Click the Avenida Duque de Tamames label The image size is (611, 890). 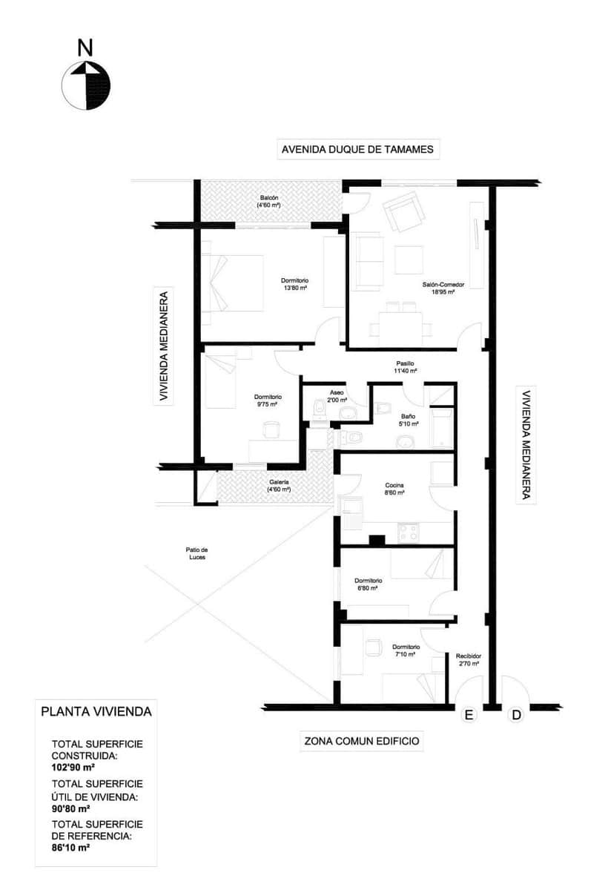tap(357, 150)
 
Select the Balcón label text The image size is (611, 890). tap(268, 201)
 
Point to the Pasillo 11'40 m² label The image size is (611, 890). tap(405, 367)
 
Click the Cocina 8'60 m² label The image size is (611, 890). tap(394, 489)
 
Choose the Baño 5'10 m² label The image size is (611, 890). tap(408, 421)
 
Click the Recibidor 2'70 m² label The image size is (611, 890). tap(468, 660)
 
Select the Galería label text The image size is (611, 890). tap(278, 485)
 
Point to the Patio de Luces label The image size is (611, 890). tap(196, 553)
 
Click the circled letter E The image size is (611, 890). tap(468, 715)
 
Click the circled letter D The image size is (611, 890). tap(516, 715)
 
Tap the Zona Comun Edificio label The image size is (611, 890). tap(362, 740)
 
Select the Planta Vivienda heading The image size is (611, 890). tap(96, 711)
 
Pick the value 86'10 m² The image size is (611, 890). tap(70, 846)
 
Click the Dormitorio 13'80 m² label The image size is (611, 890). tap(294, 284)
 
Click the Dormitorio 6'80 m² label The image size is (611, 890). tap(368, 584)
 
